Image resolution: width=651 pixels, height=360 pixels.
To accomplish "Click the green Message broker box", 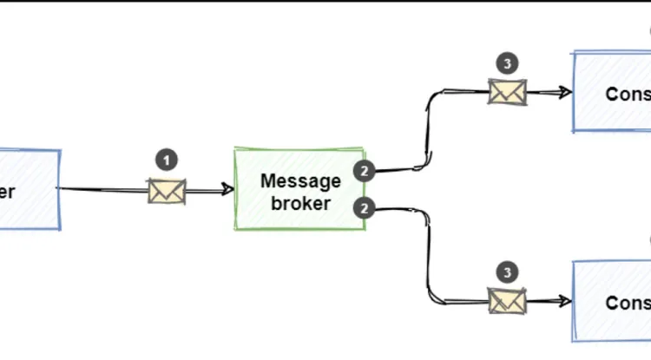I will [299, 189].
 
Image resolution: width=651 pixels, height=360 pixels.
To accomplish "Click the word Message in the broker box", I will [300, 180].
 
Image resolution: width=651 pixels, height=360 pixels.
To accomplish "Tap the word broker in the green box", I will [300, 204].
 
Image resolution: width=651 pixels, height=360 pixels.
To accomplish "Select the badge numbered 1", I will [167, 160].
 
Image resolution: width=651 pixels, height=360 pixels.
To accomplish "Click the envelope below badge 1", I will [167, 191].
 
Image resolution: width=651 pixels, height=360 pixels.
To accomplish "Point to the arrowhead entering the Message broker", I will [227, 189].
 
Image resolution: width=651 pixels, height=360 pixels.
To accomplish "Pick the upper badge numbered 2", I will [365, 171].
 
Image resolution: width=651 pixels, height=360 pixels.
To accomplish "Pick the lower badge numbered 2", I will [365, 208].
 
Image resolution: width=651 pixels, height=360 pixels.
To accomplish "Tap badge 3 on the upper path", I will [508, 62].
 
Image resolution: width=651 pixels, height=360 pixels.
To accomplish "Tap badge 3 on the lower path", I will [508, 272].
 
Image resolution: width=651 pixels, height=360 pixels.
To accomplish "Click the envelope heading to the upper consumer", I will [508, 92].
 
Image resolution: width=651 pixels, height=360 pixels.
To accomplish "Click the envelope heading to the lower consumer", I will [508, 301].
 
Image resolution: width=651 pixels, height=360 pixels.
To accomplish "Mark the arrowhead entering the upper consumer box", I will [565, 92].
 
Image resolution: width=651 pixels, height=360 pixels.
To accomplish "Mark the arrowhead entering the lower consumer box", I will [565, 301].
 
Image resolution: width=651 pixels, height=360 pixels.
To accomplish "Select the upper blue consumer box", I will [612, 92].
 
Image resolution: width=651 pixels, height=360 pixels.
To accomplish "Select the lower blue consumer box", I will [612, 301].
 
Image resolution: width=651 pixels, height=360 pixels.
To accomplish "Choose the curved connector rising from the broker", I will [427, 130].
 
